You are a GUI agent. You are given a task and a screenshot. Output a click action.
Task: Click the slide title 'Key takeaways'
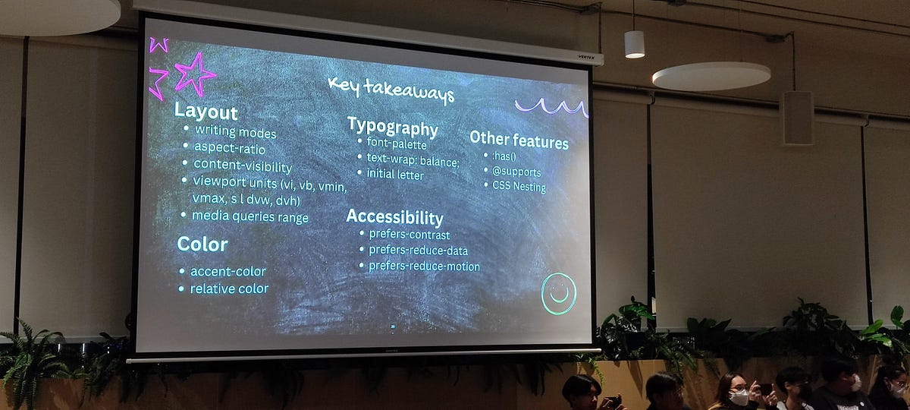click(391, 89)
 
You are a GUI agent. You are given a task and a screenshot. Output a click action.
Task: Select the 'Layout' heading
click(206, 111)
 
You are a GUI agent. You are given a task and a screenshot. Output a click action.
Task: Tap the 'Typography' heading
click(392, 127)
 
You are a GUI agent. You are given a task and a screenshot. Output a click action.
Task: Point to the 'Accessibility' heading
click(394, 217)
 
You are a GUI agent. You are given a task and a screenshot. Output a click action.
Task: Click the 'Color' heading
click(202, 244)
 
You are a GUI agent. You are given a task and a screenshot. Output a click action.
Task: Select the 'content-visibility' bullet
click(242, 165)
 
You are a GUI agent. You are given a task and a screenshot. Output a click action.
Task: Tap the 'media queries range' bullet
click(249, 216)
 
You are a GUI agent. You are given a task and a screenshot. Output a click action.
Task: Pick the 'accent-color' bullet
click(227, 271)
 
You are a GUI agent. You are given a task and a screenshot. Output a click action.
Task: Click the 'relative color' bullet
click(228, 289)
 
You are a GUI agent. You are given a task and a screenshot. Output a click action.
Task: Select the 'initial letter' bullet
click(395, 174)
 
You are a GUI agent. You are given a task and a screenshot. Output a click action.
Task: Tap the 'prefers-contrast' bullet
click(409, 235)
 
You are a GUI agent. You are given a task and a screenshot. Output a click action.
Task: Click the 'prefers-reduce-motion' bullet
click(424, 266)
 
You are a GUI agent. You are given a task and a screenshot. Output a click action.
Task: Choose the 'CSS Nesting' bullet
click(519, 186)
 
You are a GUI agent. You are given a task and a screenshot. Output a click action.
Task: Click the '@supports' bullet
click(516, 172)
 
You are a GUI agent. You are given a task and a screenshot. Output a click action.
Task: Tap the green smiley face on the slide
click(559, 294)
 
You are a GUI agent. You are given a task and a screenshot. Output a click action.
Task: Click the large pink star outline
click(195, 74)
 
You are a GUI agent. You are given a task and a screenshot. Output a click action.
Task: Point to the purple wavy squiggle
click(551, 107)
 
